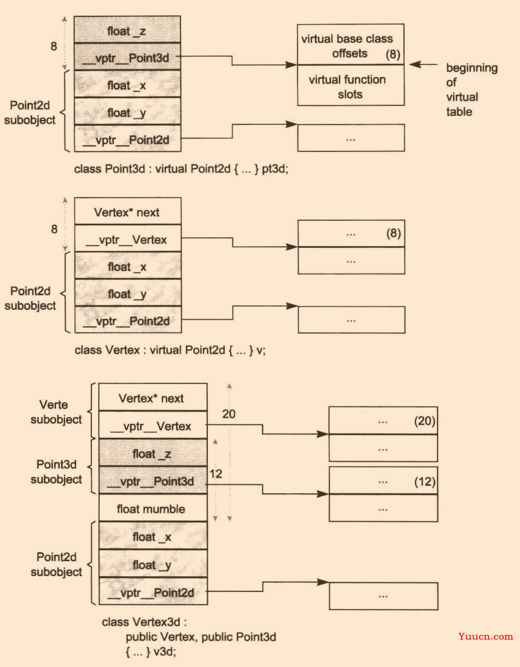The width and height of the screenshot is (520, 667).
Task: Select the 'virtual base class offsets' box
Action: click(351, 45)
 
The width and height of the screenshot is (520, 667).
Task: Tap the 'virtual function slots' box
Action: click(351, 86)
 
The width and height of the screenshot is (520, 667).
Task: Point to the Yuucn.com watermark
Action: click(486, 637)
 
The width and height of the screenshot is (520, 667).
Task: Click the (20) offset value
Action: click(425, 421)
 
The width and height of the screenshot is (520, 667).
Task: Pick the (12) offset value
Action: click(425, 481)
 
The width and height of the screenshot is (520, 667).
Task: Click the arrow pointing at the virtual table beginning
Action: click(424, 64)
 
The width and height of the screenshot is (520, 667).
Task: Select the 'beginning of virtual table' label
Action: click(471, 90)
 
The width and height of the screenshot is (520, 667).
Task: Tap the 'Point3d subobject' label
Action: click(56, 472)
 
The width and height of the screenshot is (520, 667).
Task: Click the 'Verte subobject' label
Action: click(56, 412)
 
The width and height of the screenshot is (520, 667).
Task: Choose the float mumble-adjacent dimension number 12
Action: click(216, 474)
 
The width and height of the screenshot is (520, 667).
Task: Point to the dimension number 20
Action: click(229, 414)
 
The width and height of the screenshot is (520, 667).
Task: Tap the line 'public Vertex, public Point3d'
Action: click(201, 637)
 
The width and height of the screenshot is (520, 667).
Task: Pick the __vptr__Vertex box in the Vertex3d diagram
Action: click(153, 425)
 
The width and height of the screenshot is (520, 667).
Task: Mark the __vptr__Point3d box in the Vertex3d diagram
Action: click(153, 480)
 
